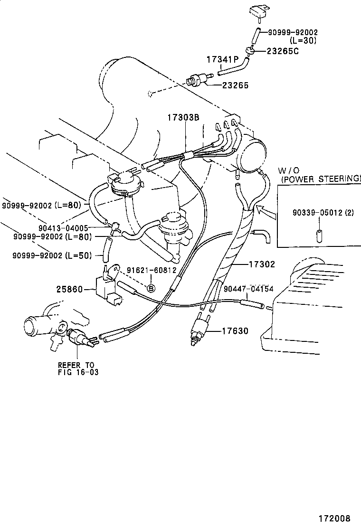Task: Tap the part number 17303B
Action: (182, 117)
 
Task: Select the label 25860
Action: (69, 289)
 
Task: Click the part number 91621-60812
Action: (152, 270)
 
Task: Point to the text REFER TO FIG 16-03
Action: (78, 368)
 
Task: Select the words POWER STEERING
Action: (321, 179)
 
